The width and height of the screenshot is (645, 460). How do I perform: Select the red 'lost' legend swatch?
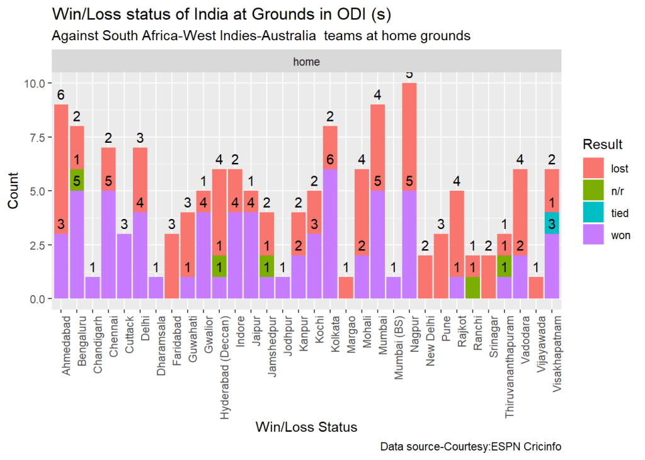coord(593,169)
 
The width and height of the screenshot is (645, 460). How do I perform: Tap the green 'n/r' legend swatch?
coord(593,191)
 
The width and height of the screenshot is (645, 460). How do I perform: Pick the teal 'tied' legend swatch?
coord(593,213)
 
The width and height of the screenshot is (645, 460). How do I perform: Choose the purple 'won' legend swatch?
coord(593,235)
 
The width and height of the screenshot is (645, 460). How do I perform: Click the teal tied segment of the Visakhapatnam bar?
coord(552,223)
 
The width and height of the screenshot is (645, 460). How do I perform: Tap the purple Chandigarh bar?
coord(93,288)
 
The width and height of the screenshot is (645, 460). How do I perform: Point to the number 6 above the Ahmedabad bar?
coord(60,95)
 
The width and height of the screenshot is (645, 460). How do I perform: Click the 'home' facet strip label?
coord(306,62)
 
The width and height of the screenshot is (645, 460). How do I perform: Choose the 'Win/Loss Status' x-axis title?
coord(306,427)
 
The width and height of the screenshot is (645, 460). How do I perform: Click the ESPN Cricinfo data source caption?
coord(471,447)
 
